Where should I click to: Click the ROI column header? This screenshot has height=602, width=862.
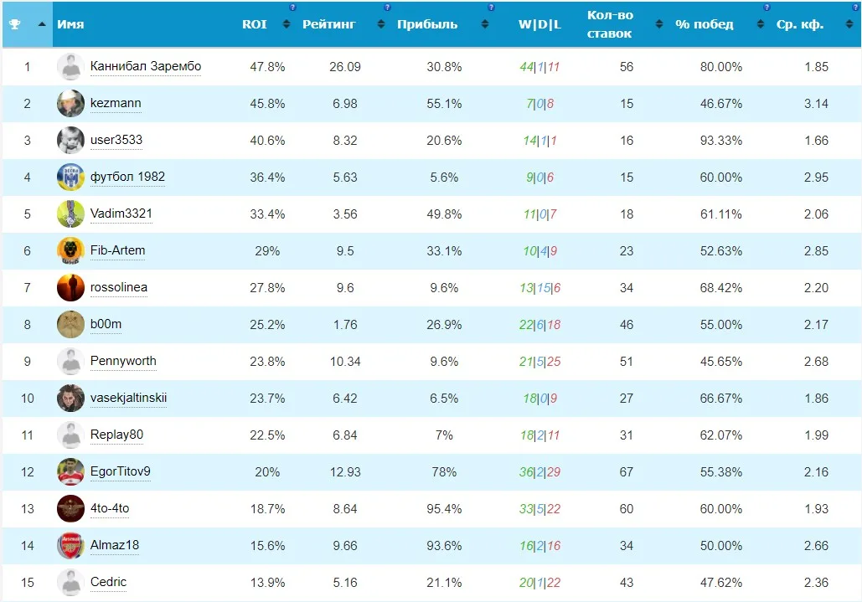point(254,24)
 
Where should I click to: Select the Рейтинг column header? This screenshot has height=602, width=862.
point(328,24)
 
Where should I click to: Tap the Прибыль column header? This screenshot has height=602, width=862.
point(427,24)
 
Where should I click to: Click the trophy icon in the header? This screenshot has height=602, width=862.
point(15,24)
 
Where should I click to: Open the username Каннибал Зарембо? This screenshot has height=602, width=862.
point(146,66)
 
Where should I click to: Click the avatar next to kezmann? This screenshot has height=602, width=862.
point(70,103)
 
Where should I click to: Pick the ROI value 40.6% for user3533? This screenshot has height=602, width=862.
point(267,141)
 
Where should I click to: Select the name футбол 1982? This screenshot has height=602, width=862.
point(127,177)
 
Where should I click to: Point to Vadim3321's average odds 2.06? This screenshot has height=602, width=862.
point(816,214)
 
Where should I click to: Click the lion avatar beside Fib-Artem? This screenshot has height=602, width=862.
point(70,250)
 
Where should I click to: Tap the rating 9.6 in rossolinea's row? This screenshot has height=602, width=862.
point(344,288)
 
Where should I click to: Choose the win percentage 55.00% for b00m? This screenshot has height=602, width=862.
point(720,325)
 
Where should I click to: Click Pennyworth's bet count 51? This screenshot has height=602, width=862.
point(626,362)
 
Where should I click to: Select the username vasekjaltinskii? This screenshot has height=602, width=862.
point(129,398)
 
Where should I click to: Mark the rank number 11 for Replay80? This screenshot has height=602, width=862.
point(27,435)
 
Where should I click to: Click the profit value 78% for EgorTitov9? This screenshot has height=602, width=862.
point(444,472)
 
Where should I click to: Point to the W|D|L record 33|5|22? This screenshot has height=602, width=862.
point(539,509)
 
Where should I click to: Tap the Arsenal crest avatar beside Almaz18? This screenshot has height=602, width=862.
point(70,545)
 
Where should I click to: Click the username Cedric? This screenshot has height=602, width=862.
point(108,582)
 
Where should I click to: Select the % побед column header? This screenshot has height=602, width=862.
point(705,24)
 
